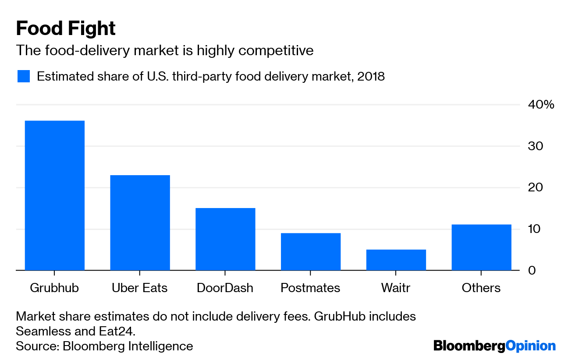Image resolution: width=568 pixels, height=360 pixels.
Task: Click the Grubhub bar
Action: click(54, 195)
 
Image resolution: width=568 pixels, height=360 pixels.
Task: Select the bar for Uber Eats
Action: click(140, 222)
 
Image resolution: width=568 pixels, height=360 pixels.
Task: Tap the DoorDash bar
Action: click(225, 239)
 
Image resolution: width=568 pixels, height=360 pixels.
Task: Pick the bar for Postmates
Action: click(311, 251)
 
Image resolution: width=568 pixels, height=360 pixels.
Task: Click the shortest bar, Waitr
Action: click(396, 260)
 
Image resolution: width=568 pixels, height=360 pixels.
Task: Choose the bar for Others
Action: click(481, 247)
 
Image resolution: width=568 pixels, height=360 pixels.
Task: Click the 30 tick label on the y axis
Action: click(536, 146)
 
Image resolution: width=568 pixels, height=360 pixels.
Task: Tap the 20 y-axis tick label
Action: click(536, 187)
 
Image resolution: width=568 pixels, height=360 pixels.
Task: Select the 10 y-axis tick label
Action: click(536, 229)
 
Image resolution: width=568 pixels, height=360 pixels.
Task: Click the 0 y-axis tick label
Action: click(532, 271)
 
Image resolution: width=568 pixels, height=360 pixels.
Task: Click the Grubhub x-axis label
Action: click(54, 288)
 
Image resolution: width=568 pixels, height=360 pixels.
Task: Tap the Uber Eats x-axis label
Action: click(140, 288)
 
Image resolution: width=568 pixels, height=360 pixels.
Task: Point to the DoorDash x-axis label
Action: click(225, 288)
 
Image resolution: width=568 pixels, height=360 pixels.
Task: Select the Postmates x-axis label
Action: click(310, 288)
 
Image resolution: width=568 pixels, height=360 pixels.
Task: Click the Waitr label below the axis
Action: click(396, 288)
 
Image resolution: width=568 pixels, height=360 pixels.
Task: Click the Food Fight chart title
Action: click(66, 29)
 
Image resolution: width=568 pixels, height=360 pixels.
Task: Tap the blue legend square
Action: click(24, 76)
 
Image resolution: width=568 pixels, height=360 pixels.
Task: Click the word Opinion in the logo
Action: click(531, 346)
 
